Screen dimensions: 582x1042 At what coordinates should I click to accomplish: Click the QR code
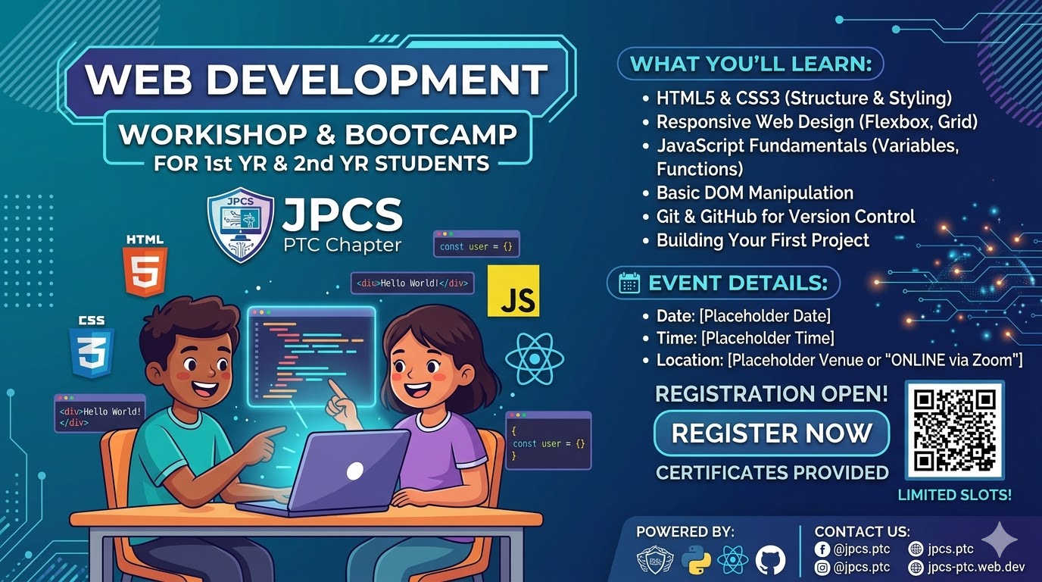click(x=954, y=430)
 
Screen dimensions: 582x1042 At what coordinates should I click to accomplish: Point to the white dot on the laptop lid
click(x=354, y=471)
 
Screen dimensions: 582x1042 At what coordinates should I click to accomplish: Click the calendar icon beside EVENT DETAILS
click(x=629, y=283)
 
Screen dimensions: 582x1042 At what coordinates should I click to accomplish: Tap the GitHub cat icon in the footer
click(x=770, y=560)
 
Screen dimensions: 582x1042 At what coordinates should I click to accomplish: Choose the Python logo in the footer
click(x=695, y=560)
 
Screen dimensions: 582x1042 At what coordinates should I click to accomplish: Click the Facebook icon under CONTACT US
click(x=822, y=549)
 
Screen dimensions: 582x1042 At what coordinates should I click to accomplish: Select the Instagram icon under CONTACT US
click(x=822, y=567)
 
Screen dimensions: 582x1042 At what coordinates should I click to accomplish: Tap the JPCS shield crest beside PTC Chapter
click(x=241, y=224)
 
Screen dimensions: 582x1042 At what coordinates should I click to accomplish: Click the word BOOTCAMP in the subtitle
click(x=431, y=135)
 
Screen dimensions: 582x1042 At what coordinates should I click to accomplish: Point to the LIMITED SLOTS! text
click(x=954, y=496)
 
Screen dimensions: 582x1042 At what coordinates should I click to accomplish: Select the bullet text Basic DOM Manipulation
click(x=754, y=192)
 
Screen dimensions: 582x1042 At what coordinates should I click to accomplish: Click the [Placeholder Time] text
click(x=768, y=337)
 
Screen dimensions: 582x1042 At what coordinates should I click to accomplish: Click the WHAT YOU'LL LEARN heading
click(x=751, y=64)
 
